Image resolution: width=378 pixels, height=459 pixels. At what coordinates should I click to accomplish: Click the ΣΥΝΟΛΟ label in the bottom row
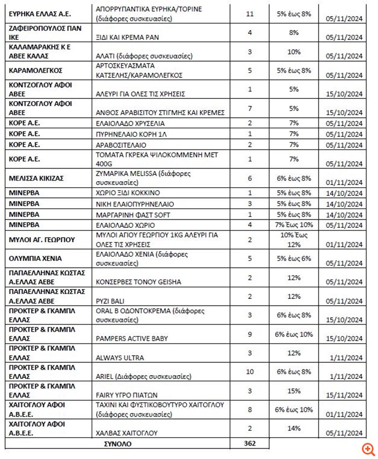tap(117, 444)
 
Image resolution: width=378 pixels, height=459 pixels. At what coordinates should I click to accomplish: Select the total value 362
tap(249, 444)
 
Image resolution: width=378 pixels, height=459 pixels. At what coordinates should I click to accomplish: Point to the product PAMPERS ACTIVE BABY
tap(132, 338)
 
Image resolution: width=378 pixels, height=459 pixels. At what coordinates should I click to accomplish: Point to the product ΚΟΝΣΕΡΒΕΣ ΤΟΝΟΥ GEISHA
tap(138, 282)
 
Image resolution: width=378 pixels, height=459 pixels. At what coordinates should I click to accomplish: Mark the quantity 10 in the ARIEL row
tap(249, 372)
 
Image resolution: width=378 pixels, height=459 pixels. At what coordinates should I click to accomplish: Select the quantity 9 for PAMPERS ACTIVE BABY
tap(249, 335)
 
